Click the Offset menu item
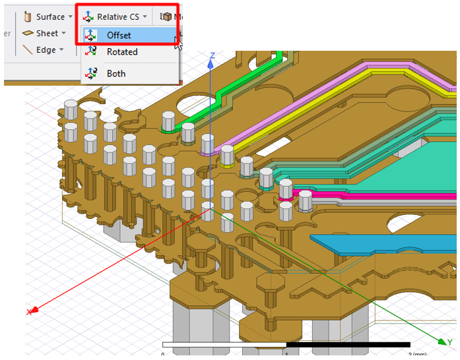pyautogui.click(x=119, y=35)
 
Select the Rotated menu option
pyautogui.click(x=122, y=52)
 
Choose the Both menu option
pyautogui.click(x=116, y=73)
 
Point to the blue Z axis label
pyautogui.click(x=212, y=55)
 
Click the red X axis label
pyautogui.click(x=29, y=311)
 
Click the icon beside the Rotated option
pyautogui.click(x=92, y=52)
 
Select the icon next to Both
pyautogui.click(x=92, y=73)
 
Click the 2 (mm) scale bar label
pyautogui.click(x=416, y=354)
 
